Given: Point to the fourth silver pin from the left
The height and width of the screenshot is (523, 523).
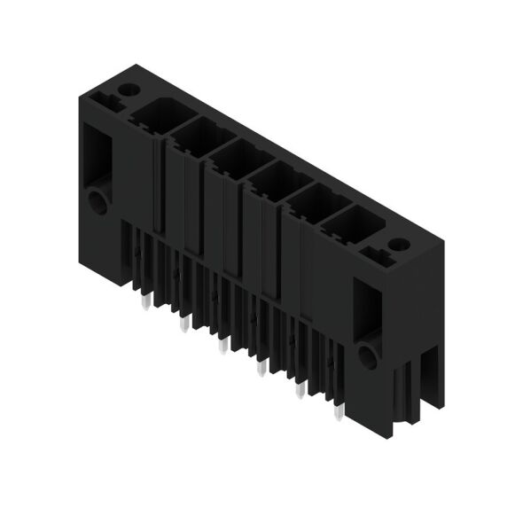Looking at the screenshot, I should (x=260, y=367).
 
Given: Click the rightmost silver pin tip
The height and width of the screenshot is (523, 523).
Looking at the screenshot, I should (x=338, y=411).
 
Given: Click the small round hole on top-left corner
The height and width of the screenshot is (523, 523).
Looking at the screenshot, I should (x=130, y=90).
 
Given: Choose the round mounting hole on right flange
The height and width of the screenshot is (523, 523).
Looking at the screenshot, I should (x=367, y=356).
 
